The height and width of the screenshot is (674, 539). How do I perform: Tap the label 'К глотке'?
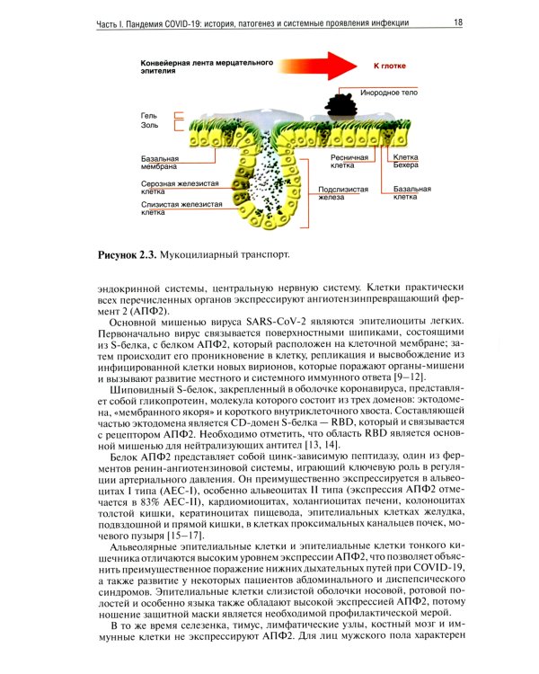tap(380, 67)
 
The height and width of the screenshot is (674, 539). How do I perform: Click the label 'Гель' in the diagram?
tap(148, 115)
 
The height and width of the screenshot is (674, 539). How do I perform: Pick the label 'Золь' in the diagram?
tap(149, 127)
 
